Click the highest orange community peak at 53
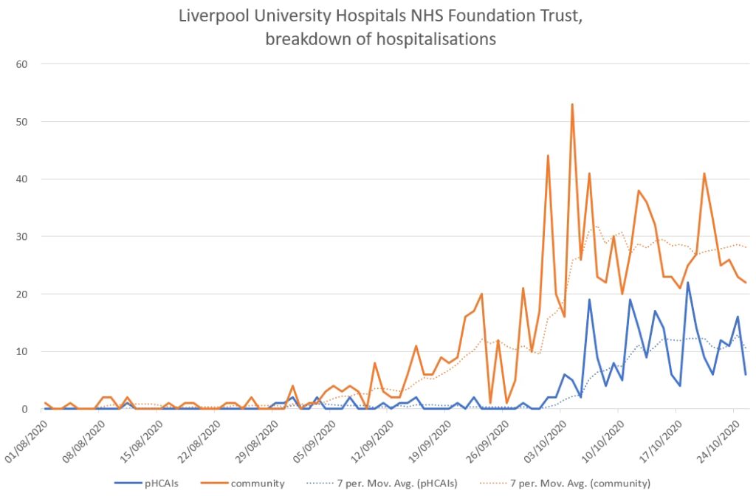point(572,105)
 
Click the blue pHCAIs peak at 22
point(688,283)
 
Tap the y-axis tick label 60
point(22,63)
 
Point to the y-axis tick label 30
point(22,236)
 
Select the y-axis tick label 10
point(22,351)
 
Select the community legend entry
point(258,483)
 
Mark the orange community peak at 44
point(548,156)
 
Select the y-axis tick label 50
point(22,121)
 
